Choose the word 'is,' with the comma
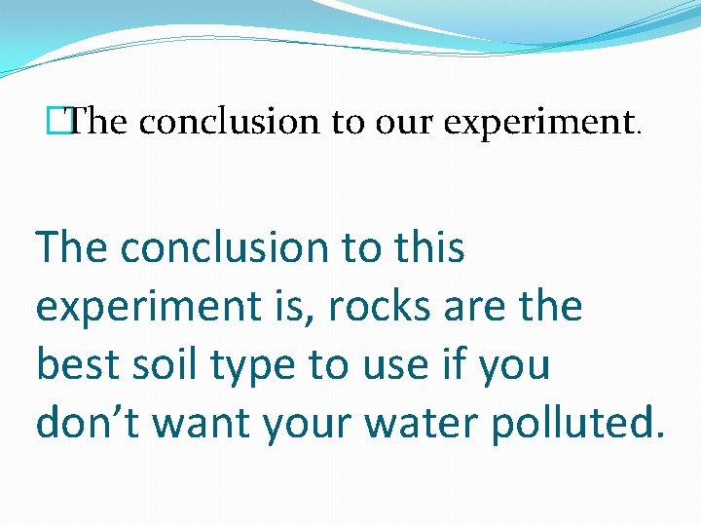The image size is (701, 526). [x=292, y=308]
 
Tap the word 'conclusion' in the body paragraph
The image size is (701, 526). [x=225, y=248]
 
